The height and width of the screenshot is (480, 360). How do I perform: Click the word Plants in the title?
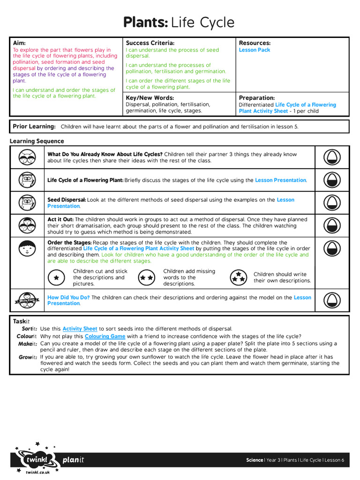coord(145,22)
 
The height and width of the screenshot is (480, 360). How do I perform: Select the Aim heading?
coord(19,43)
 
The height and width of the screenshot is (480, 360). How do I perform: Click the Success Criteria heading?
coord(150,43)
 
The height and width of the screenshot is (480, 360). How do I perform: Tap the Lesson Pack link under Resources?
coord(255,50)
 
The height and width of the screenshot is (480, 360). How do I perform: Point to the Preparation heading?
coord(256,98)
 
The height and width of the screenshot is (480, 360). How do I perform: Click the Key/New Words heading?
coord(150,98)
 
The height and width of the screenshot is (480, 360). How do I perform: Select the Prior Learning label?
coord(34,127)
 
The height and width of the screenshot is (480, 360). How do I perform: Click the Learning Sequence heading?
coord(37,141)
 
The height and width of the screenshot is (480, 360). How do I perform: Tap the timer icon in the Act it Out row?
coord(332,225)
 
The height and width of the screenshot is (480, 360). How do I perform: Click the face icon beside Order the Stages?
coord(27,248)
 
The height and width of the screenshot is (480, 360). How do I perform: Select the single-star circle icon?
coord(56,277)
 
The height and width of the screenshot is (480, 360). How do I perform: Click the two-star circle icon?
coord(147,277)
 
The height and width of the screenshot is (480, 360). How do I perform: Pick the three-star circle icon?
coord(238,277)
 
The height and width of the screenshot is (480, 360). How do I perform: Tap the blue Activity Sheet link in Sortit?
coord(80,329)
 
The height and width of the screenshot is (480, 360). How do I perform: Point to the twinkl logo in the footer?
coord(35,460)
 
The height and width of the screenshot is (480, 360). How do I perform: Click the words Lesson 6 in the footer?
coord(335,460)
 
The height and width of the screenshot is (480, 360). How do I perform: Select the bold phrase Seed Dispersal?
coord(67,200)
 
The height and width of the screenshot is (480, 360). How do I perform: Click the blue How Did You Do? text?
coord(68,297)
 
